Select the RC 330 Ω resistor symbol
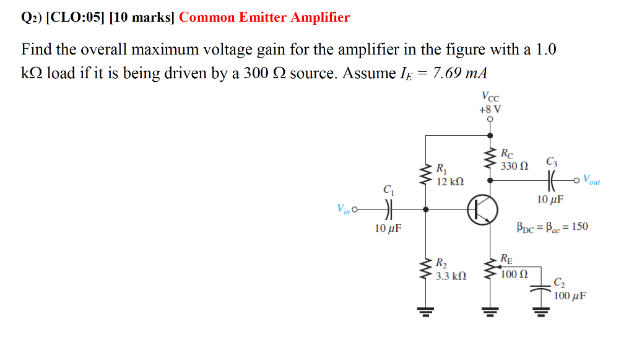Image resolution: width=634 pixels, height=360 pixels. pyautogui.click(x=490, y=160)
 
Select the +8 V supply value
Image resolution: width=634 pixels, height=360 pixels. pyautogui.click(x=490, y=109)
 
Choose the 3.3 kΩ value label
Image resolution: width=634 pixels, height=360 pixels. pyautogui.click(x=451, y=276)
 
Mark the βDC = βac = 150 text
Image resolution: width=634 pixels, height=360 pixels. pyautogui.click(x=552, y=227)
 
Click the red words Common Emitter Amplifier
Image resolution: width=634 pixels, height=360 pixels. pyautogui.click(x=264, y=17)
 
